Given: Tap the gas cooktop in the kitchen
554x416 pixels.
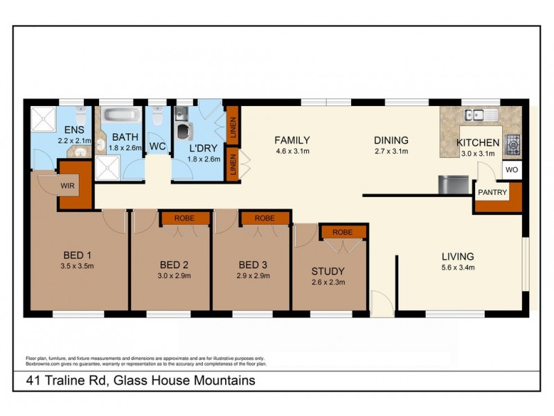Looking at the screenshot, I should tap(513, 144).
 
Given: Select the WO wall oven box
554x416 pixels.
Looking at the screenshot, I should tap(511, 169).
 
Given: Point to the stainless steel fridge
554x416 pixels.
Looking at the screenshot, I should tap(451, 184).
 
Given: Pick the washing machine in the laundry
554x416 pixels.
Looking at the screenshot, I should tap(184, 131).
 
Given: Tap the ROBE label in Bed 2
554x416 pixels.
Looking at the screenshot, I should tap(185, 218).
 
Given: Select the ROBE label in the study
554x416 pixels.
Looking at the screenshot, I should tap(341, 232).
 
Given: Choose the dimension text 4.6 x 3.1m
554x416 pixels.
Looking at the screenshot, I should tap(292, 151).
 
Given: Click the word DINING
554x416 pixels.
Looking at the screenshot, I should tap(391, 139).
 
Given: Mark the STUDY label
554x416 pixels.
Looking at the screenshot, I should tap(328, 271).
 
